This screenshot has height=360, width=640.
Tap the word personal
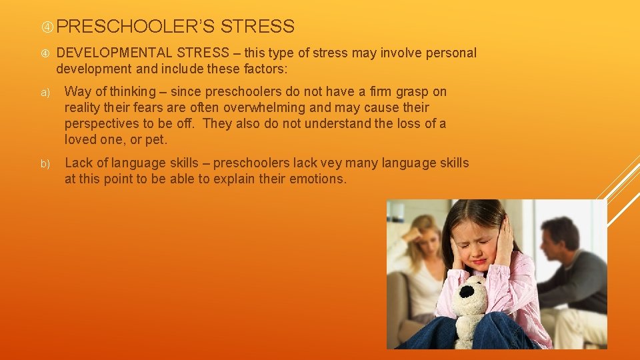[x=451, y=53]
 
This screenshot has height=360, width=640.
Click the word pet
[x=155, y=140]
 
